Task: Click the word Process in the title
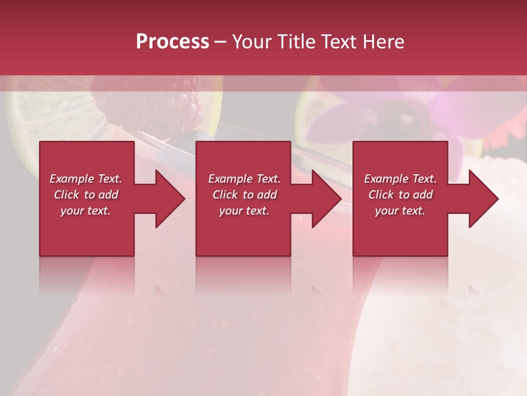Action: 172,42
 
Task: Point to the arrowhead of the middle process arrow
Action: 326,199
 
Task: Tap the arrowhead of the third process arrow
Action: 483,199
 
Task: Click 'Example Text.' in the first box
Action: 86,179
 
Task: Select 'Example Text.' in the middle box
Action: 244,179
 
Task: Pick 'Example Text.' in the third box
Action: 400,179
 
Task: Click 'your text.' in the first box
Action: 86,211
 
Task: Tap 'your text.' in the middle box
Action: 244,211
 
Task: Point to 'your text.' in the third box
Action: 400,211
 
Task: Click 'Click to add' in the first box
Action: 86,195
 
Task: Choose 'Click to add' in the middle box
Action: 244,195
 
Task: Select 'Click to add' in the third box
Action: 400,195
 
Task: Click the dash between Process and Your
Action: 221,42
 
